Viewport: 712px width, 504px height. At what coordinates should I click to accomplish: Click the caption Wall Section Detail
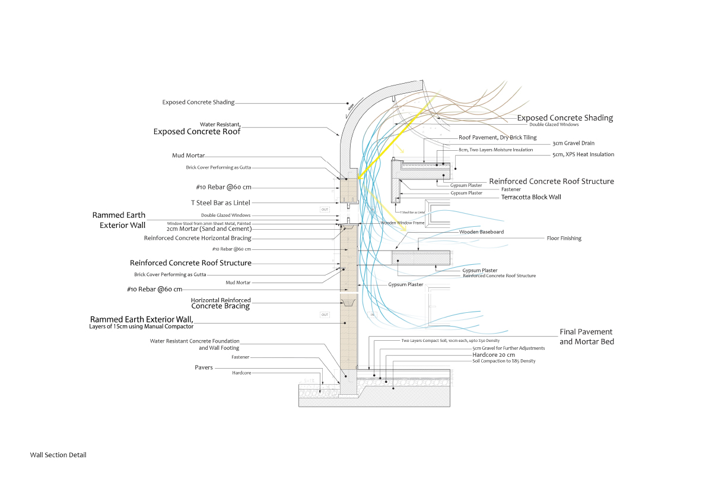[x=58, y=455]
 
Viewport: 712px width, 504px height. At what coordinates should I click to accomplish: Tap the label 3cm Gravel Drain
[x=573, y=143]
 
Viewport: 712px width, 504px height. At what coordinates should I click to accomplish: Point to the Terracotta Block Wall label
[x=531, y=196]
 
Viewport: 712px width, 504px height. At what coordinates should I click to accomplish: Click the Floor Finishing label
[x=564, y=238]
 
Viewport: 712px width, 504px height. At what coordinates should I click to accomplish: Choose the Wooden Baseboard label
[x=481, y=232]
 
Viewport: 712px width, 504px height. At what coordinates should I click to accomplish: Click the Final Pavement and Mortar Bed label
[x=586, y=337]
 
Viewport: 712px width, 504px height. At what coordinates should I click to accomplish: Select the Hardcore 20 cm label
[x=494, y=354]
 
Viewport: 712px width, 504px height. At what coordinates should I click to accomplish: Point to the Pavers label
[x=204, y=367]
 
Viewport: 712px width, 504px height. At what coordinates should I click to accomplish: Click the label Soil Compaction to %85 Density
[x=503, y=361]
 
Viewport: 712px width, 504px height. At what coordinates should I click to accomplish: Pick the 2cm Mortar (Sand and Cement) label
[x=209, y=229]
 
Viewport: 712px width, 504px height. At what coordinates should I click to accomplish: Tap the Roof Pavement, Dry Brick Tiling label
[x=497, y=137]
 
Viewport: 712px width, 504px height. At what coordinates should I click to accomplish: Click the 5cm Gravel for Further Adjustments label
[x=504, y=348]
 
